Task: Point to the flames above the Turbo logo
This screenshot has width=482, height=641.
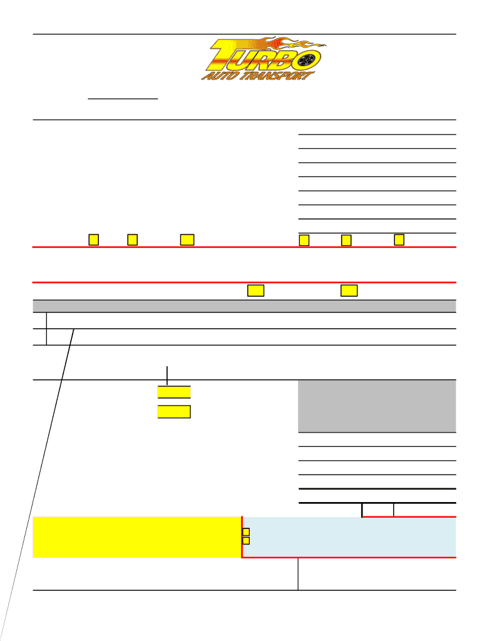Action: (x=282, y=44)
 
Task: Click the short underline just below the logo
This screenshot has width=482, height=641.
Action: (x=123, y=99)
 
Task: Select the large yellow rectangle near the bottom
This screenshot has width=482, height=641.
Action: (x=137, y=537)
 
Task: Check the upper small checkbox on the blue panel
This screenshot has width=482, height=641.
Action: (x=246, y=531)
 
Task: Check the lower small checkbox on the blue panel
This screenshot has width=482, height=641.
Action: (x=246, y=540)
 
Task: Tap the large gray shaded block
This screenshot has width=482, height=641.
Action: (x=377, y=406)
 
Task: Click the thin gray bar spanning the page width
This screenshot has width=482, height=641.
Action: (x=244, y=306)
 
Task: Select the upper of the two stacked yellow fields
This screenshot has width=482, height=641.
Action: (x=174, y=392)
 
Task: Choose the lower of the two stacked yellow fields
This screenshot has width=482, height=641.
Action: (x=174, y=411)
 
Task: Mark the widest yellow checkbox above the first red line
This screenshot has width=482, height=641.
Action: (x=187, y=240)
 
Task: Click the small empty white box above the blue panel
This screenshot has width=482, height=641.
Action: (x=378, y=510)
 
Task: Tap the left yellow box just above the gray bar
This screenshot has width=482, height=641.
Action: (x=255, y=290)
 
